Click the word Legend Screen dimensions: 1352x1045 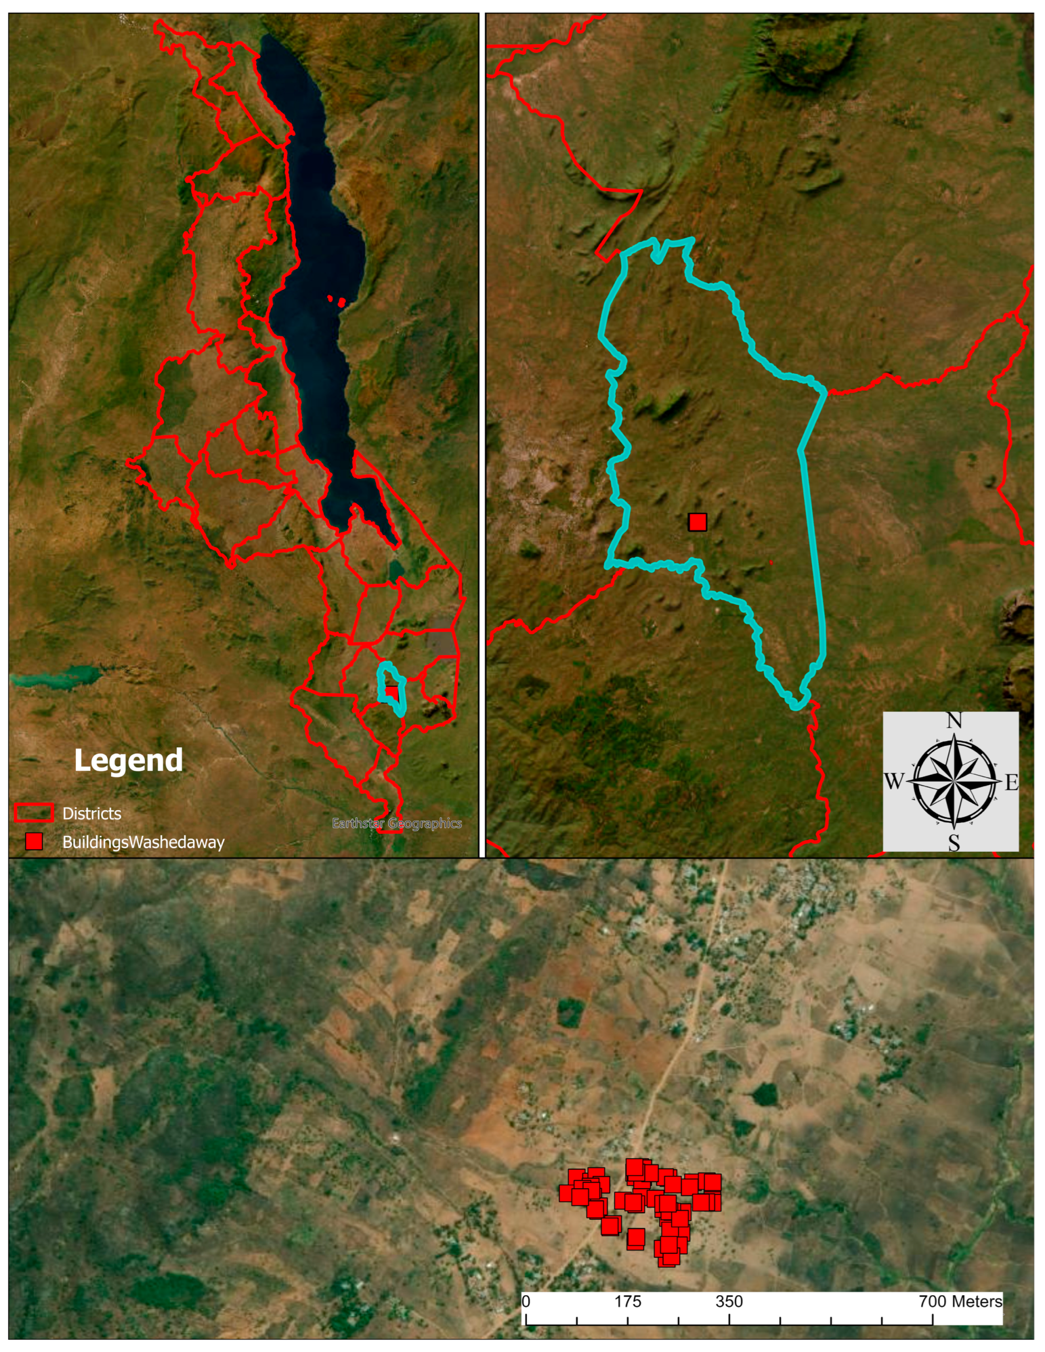click(128, 760)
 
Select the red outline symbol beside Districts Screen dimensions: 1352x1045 click(34, 813)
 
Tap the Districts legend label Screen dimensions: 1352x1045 click(91, 813)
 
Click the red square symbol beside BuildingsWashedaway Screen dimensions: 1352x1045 click(34, 841)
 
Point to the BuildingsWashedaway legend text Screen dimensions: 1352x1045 click(143, 842)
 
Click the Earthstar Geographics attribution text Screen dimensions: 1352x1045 click(396, 823)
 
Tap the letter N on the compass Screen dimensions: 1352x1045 click(954, 720)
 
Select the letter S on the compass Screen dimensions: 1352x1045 click(954, 843)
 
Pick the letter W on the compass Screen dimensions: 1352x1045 click(893, 782)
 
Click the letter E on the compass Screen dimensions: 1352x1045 click(1011, 783)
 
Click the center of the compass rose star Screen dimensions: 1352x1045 click(954, 782)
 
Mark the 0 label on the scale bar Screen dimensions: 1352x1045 click(526, 1301)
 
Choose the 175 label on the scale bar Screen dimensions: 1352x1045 click(628, 1301)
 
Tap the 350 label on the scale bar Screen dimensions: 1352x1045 click(729, 1301)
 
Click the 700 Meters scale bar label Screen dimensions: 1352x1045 click(960, 1301)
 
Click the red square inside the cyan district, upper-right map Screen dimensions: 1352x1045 click(697, 522)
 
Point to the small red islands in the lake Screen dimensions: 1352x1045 click(339, 301)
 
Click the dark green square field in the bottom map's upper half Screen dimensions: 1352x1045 click(570, 1013)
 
